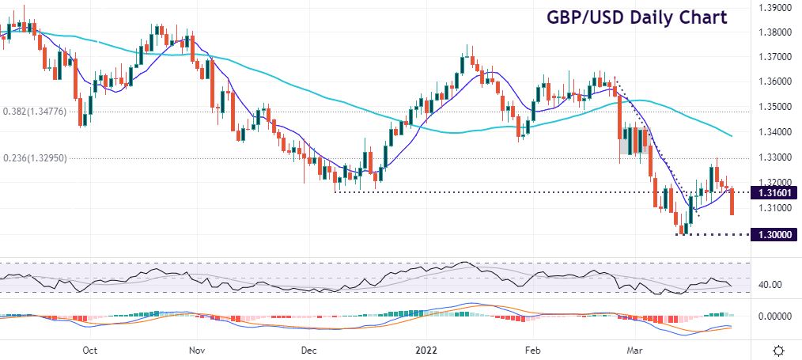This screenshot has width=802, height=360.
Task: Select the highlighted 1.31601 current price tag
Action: (x=772, y=192)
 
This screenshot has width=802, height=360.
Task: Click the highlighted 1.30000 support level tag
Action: (x=772, y=234)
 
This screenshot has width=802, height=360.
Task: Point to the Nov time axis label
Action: (x=198, y=349)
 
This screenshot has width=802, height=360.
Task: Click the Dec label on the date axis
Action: (x=309, y=349)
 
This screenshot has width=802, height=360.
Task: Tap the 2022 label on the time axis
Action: (x=422, y=349)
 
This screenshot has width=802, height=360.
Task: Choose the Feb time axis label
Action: (x=532, y=349)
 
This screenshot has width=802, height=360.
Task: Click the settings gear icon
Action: (x=778, y=350)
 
